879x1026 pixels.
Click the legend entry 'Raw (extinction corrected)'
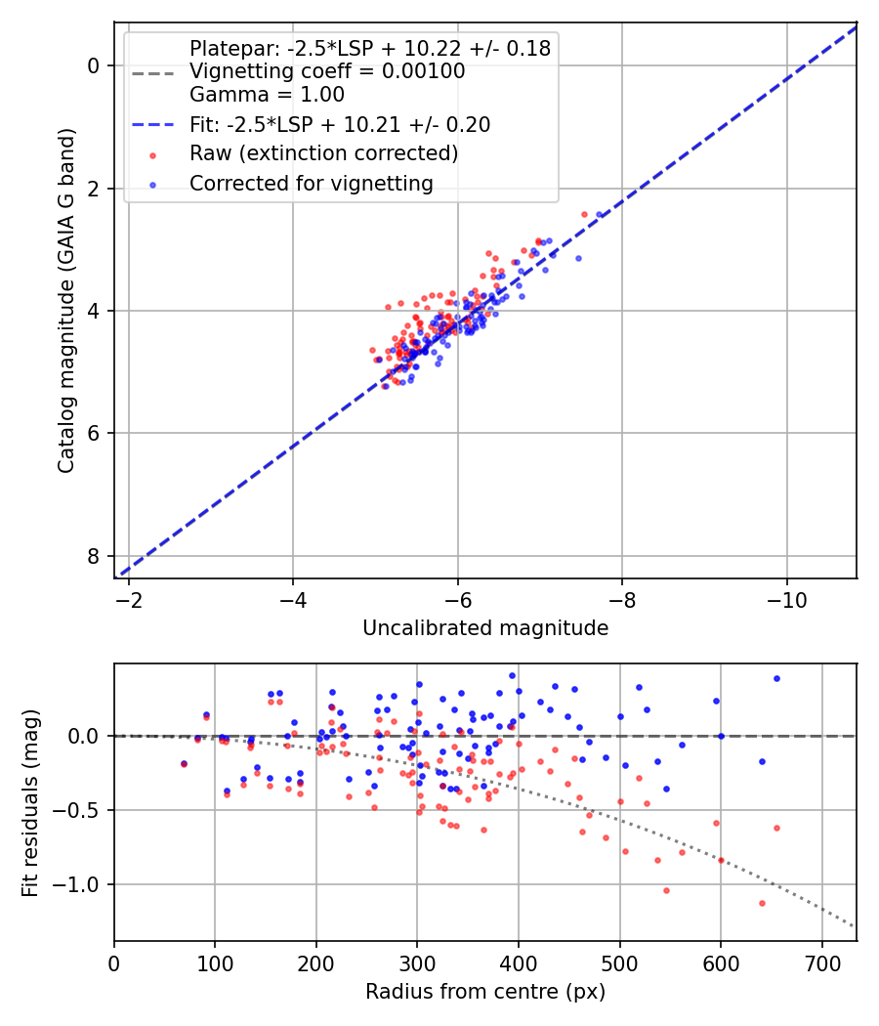coord(323,153)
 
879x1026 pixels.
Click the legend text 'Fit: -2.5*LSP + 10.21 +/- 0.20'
coord(339,124)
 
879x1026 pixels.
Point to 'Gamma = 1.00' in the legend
coord(267,95)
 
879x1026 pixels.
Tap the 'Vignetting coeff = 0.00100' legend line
coord(327,71)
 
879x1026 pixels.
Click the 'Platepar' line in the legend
coord(370,48)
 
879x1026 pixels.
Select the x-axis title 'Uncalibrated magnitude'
coord(485,628)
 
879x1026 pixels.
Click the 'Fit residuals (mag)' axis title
coord(31,802)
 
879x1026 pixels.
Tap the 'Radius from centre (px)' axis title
coord(485,992)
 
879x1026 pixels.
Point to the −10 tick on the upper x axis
coord(786,599)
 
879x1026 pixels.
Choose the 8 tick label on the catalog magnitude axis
coord(94,556)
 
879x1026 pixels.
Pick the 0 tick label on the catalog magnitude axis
coord(94,65)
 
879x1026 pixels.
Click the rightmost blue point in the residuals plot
coord(776,678)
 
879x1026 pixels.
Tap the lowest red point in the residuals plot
coord(762,903)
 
